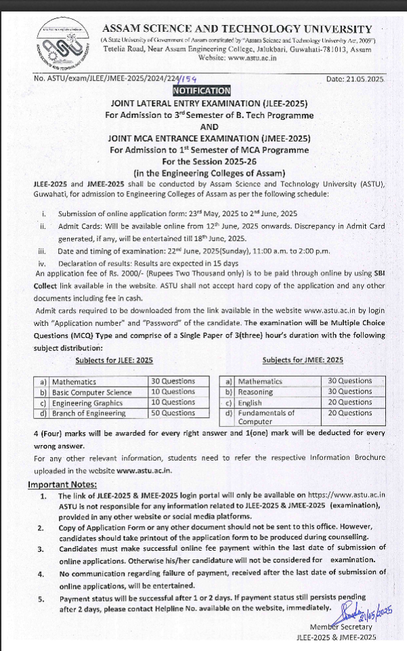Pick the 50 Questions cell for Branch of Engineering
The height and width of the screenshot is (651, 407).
173,413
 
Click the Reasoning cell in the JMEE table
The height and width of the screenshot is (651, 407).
255,392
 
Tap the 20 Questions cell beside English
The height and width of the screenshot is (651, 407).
349,402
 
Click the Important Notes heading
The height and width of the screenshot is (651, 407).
62,484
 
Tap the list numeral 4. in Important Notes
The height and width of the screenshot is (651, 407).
42,574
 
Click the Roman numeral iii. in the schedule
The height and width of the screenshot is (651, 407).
42,250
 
